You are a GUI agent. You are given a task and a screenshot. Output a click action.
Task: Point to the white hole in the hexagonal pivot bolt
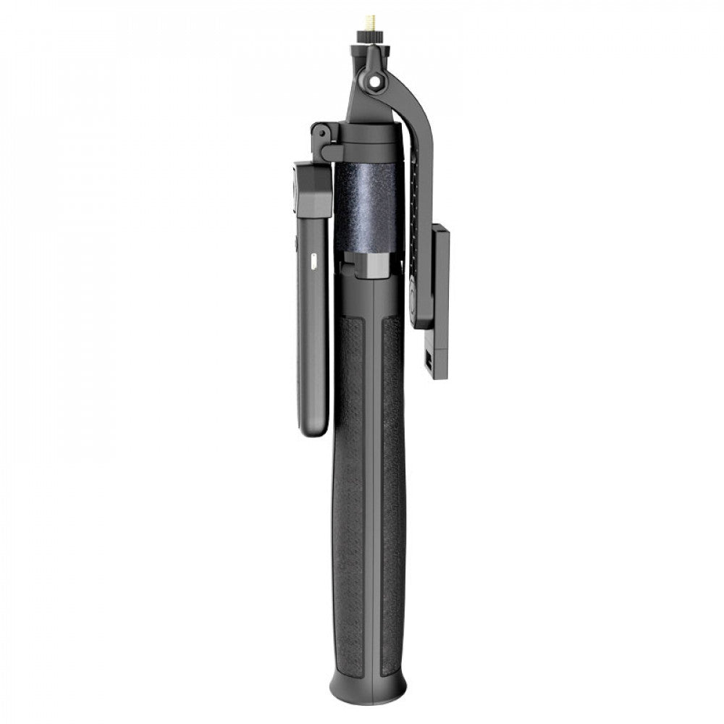pyautogui.click(x=375, y=82)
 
